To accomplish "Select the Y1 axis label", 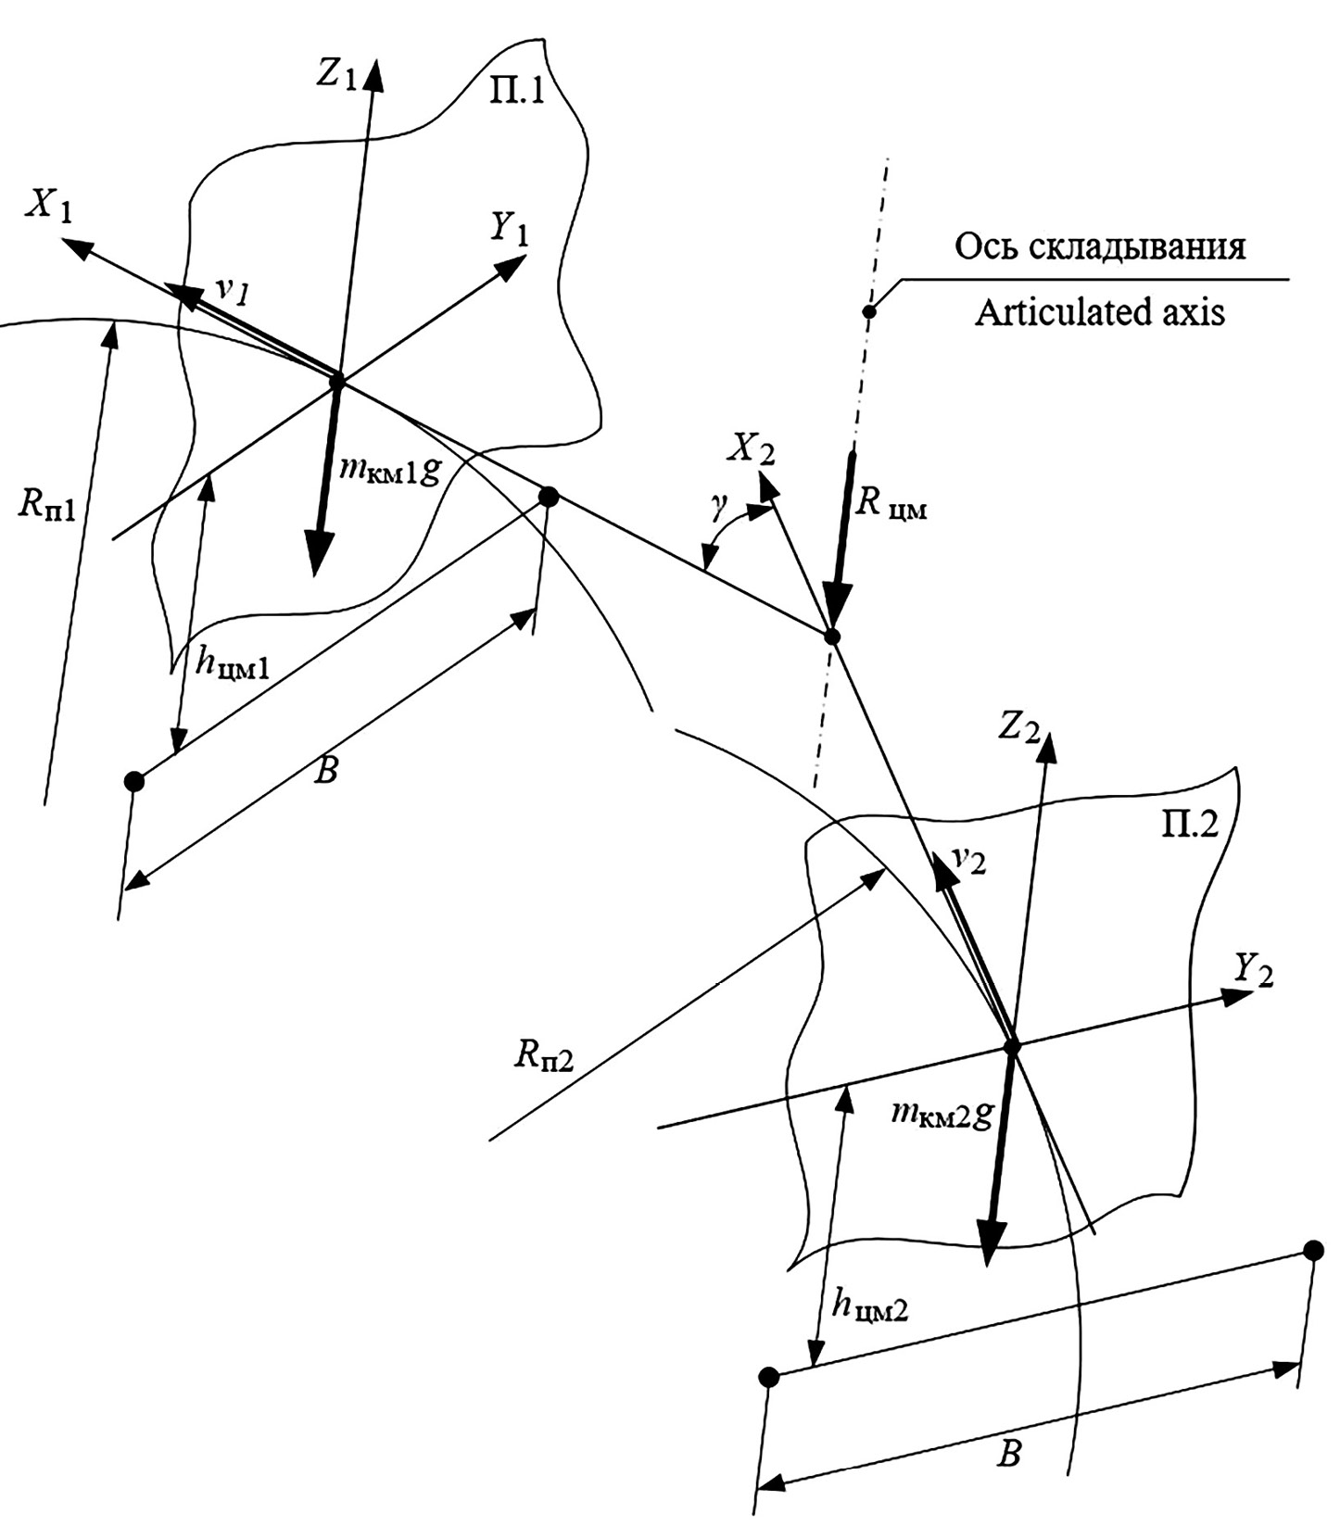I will (x=509, y=228).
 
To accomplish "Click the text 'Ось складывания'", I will (x=1100, y=247).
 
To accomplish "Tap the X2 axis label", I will (x=750, y=452).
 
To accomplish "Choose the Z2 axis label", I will (x=1019, y=729).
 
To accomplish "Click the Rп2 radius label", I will (x=545, y=1055).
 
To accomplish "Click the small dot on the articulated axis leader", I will (x=869, y=311).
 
